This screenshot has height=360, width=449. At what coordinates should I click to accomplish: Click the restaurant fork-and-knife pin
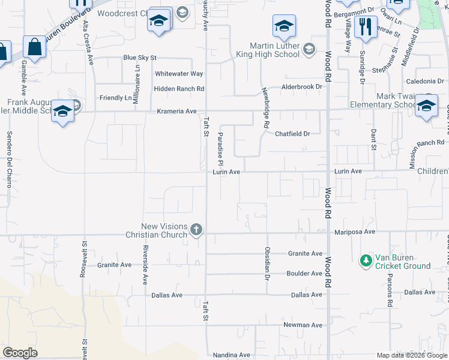tap(366, 26)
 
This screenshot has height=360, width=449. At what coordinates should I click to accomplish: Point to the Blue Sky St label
tap(139, 58)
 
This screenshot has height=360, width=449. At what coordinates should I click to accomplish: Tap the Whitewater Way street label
tap(179, 74)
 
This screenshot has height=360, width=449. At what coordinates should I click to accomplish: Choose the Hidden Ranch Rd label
tap(179, 89)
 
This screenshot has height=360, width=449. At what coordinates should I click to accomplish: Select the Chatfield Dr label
tap(292, 134)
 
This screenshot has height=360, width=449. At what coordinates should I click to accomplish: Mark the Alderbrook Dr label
tap(302, 87)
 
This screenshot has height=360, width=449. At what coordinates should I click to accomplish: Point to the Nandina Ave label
tap(232, 355)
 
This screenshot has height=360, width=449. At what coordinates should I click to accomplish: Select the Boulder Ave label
tap(305, 274)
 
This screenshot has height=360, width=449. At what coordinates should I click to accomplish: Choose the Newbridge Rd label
tap(264, 108)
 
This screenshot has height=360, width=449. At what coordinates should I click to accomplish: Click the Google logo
tap(20, 353)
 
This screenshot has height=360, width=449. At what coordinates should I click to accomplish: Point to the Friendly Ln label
tap(115, 98)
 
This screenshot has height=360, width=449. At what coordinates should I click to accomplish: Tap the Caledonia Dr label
tap(429, 81)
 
